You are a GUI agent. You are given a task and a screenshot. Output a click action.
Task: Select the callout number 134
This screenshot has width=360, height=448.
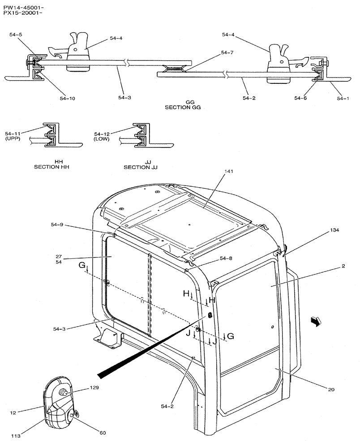point(334,230)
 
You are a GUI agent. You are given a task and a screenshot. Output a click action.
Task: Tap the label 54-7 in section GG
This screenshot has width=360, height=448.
point(227,53)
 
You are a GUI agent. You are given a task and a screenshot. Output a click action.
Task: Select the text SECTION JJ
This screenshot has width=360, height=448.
point(141,167)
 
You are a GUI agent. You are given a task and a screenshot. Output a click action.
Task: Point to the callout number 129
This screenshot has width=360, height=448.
point(94,388)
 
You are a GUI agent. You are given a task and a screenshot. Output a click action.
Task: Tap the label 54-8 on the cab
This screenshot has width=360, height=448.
point(226,258)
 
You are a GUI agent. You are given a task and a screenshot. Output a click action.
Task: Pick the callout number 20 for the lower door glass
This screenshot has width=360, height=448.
point(331,389)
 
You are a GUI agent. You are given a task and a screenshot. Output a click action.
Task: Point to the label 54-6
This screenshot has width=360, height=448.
point(301,98)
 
